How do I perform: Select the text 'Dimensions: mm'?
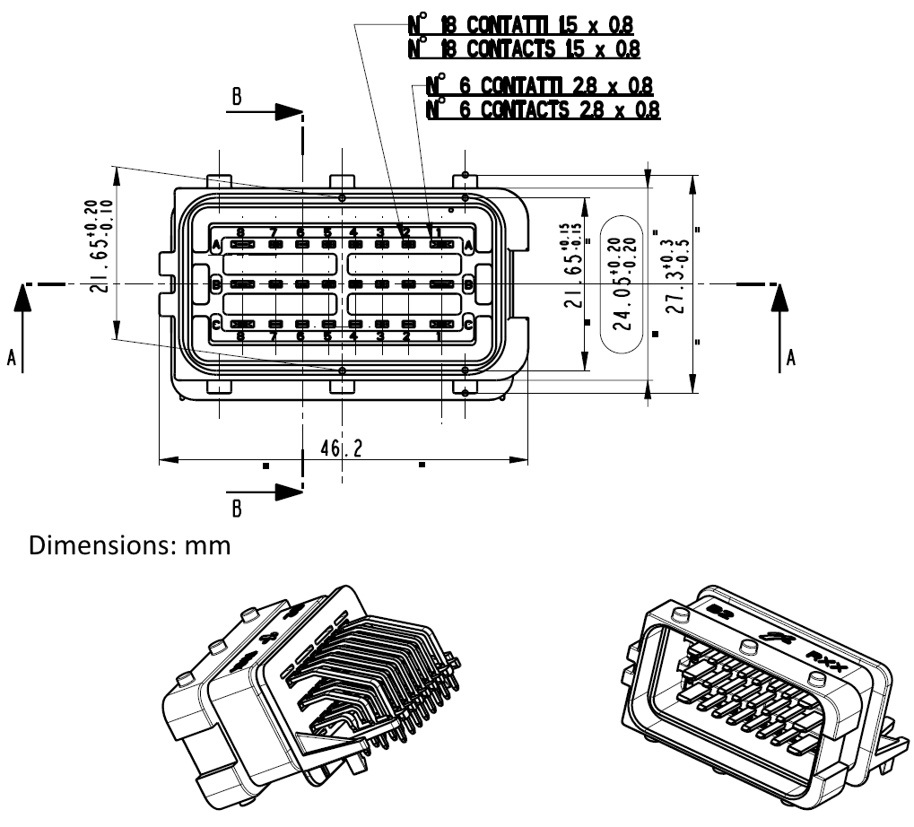131,545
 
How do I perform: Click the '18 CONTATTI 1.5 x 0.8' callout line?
524,25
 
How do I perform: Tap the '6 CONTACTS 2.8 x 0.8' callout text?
544,110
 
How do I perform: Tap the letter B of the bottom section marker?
237,509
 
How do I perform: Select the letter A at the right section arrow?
790,358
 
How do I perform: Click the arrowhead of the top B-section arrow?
288,112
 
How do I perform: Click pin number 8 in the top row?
240,233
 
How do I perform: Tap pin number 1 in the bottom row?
439,336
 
